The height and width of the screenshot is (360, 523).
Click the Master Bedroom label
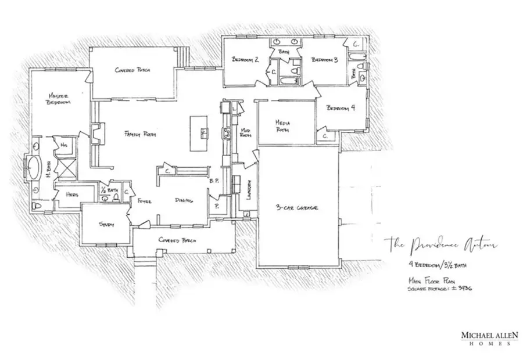pos(59,99)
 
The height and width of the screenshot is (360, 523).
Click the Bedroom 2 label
pos(245,59)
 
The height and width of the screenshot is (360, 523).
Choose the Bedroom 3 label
pos(324,59)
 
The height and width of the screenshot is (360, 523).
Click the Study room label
pos(106,225)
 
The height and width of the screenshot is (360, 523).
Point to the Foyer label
pos(145,201)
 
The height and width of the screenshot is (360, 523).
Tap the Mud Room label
pos(246,132)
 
